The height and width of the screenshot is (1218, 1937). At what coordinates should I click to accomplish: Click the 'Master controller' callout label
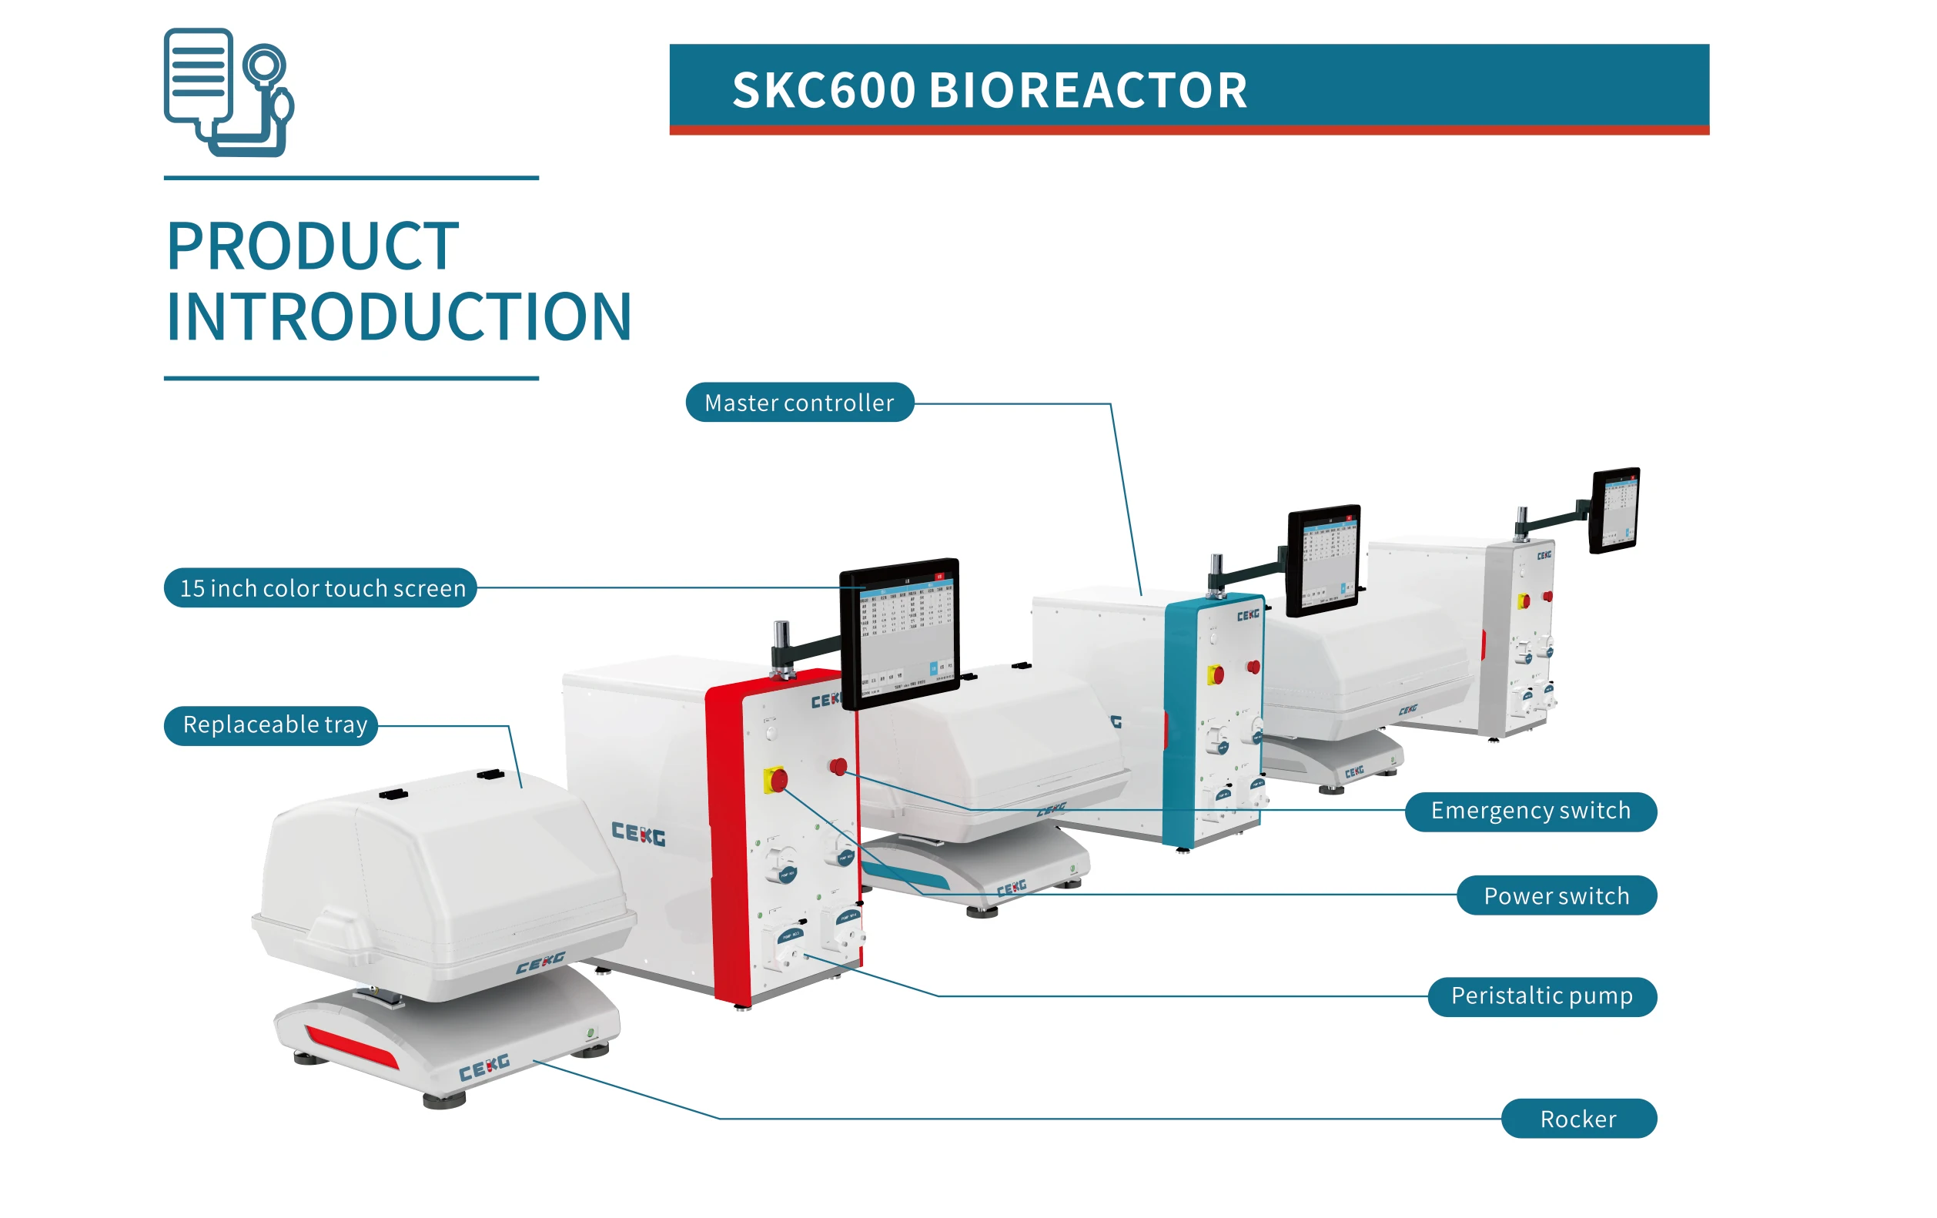799,402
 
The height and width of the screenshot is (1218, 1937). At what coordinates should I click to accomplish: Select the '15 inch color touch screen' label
321,588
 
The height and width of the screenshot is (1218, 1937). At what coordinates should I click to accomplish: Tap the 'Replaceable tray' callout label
273,724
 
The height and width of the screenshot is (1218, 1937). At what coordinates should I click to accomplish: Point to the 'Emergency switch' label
1530,811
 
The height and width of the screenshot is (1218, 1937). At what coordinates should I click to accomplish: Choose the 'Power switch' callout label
1556,895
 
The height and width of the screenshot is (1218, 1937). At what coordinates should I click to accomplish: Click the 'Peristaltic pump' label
1541,996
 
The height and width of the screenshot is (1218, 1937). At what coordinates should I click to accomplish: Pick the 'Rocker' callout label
1577,1119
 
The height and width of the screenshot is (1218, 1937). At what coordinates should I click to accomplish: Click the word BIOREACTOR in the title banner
1088,90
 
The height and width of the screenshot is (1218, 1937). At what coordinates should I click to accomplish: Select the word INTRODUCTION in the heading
399,317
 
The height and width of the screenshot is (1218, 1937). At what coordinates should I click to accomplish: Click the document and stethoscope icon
229,92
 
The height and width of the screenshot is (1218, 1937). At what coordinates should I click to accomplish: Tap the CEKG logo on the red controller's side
638,834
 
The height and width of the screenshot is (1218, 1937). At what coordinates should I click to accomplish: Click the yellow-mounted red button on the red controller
776,780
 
